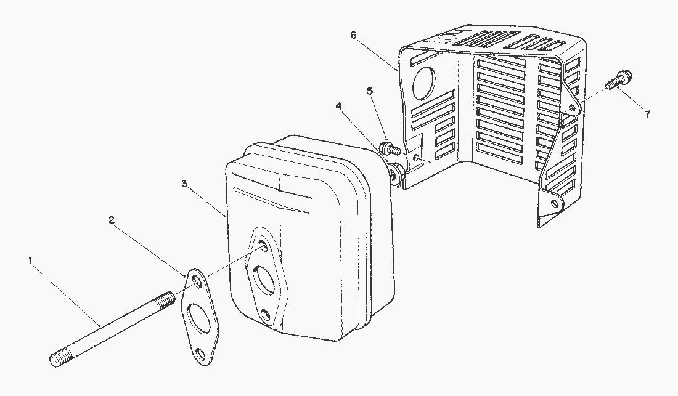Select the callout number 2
112,220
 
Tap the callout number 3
185,184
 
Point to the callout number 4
339,106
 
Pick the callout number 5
370,91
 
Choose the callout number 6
353,35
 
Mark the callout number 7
647,115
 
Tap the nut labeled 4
396,173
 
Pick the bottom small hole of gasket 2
200,354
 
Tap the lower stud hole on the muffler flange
266,315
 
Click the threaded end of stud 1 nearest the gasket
166,299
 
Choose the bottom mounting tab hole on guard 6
553,203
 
